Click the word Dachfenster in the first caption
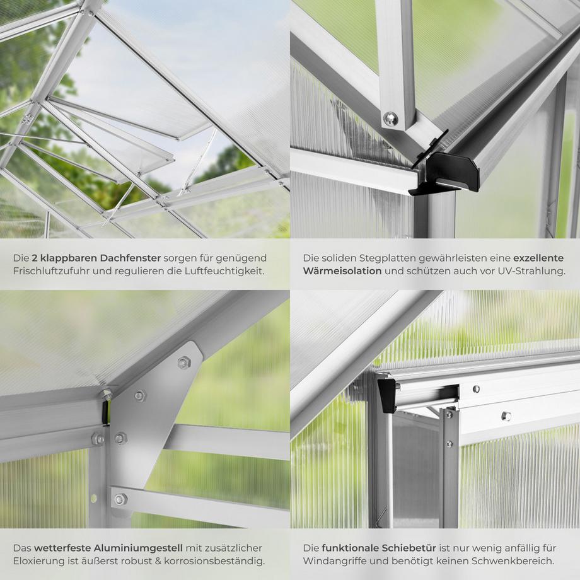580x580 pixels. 136,258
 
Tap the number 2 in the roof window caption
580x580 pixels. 35,258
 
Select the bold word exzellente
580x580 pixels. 540,258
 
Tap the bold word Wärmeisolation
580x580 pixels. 342,272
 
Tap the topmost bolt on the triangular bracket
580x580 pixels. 184,362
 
